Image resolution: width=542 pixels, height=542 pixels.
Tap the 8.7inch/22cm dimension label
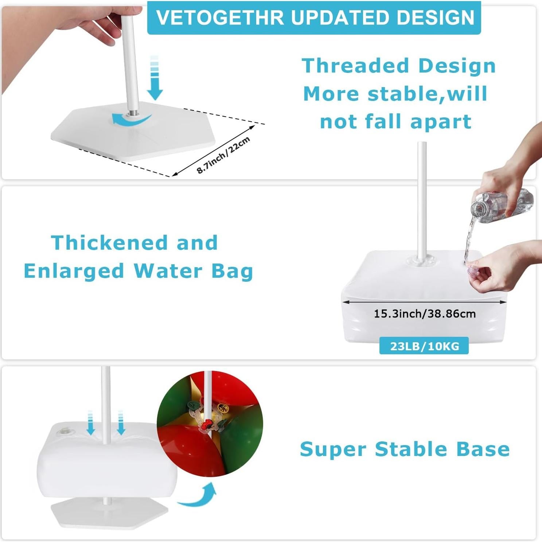[x=223, y=155]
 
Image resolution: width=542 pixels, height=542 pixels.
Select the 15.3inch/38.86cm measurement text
[x=425, y=313]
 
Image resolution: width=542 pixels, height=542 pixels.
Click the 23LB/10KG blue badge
[x=424, y=346]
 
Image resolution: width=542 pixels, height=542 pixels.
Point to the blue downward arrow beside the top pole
[x=155, y=78]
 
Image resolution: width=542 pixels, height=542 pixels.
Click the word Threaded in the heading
[x=355, y=66]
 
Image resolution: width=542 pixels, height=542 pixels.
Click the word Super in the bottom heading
[x=333, y=449]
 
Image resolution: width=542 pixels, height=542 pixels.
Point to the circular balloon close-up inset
[x=210, y=424]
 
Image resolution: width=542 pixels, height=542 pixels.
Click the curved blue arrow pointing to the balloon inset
[x=199, y=495]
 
